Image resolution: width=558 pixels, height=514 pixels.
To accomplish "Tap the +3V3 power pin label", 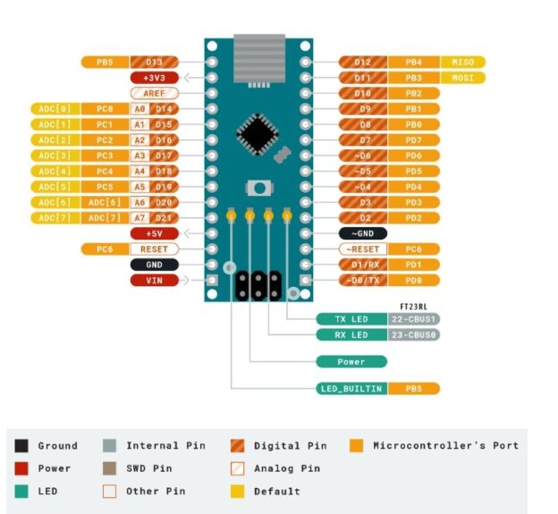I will point(155,78).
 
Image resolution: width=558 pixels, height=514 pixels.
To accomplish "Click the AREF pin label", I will point(155,93).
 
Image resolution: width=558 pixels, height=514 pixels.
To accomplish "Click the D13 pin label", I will point(155,63).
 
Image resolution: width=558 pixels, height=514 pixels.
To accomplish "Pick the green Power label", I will point(351,362).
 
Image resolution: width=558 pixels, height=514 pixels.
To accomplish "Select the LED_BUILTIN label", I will point(351,389).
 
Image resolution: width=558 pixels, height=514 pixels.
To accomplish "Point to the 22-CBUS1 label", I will point(412,319).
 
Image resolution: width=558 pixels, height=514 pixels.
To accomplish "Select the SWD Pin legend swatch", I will point(110,468).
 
